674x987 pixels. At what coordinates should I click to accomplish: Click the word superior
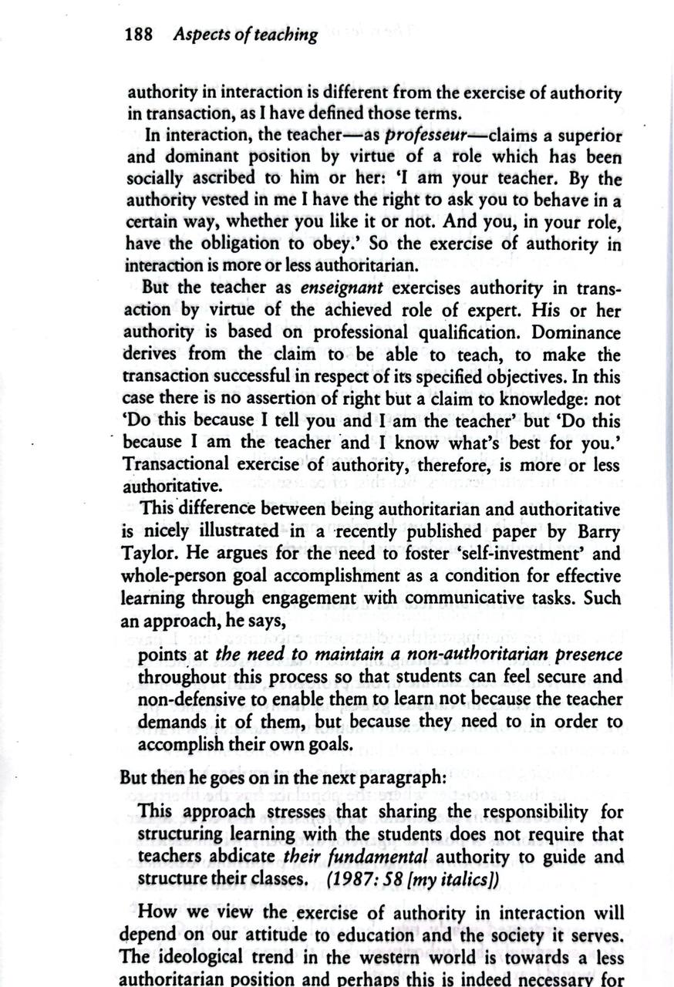tap(585, 136)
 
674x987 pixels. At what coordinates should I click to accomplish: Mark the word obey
tap(340, 245)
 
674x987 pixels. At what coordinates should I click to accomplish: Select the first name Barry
tap(596, 532)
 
